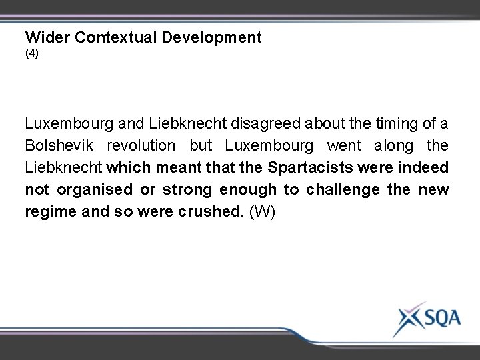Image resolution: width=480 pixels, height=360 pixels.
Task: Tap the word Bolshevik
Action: pyautogui.click(x=55, y=145)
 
